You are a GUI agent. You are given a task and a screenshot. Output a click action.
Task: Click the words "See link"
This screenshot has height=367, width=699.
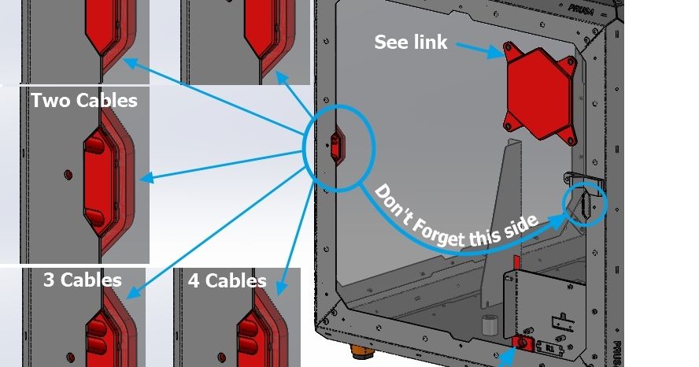pyautogui.click(x=410, y=42)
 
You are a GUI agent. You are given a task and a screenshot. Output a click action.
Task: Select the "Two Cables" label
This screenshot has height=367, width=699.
pyautogui.click(x=83, y=101)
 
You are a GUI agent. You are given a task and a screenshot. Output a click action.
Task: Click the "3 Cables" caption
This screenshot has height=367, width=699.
pyautogui.click(x=83, y=280)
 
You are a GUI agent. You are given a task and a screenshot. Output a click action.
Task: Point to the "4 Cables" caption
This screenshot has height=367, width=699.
pyautogui.click(x=227, y=281)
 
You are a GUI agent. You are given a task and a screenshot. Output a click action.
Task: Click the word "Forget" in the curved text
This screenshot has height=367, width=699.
pyautogui.click(x=438, y=224)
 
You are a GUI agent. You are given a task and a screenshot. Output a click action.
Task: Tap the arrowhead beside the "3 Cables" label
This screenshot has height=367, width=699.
pyautogui.click(x=130, y=293)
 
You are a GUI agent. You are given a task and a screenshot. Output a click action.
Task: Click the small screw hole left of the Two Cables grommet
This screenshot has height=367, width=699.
pyautogui.click(x=68, y=173)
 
